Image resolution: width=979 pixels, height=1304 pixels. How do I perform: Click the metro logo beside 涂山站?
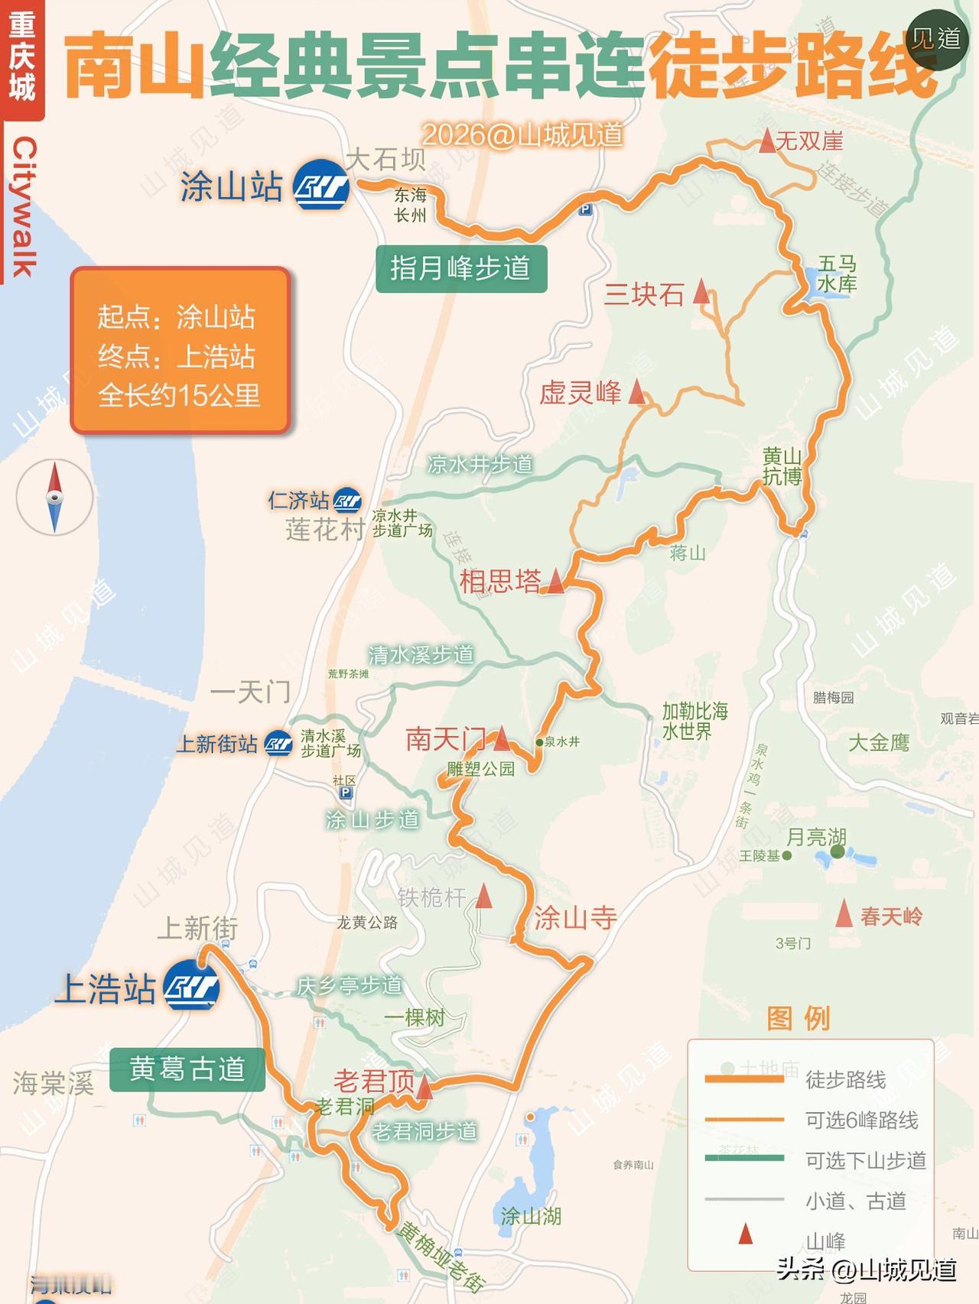[322, 184]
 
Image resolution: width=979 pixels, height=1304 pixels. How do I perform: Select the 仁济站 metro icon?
[347, 501]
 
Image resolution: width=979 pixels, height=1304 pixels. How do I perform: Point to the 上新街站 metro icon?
[278, 744]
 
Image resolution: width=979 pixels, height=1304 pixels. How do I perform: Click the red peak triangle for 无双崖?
[766, 141]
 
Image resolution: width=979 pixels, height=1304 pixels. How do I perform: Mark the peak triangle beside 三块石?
[701, 293]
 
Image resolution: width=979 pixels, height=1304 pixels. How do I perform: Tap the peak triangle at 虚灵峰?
[636, 393]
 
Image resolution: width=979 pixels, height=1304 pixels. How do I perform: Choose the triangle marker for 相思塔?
[555, 582]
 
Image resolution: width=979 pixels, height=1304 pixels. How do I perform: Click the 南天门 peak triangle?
[501, 739]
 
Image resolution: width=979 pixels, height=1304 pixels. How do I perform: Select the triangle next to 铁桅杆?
[483, 896]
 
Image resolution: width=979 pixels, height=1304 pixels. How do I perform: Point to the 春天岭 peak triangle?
[844, 914]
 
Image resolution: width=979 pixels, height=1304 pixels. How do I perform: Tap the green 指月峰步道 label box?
[461, 268]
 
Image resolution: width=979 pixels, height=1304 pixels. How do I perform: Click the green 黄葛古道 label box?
[187, 1069]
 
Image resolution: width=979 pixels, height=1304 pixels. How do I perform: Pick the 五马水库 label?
[837, 274]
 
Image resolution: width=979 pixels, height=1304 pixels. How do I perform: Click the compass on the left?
[54, 498]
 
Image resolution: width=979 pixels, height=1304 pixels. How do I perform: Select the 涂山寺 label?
[575, 917]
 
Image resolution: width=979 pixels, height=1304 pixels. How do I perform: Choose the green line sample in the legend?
[744, 1159]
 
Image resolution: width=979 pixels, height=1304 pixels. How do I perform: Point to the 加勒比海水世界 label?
[694, 721]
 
